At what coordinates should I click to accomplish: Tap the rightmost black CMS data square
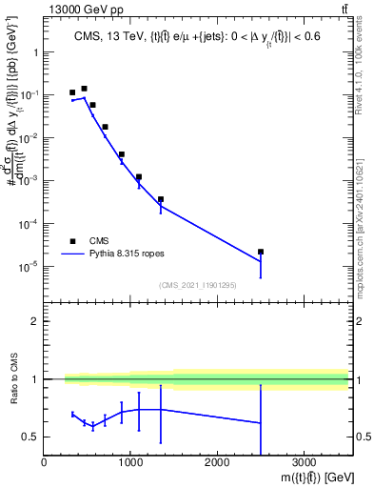261,252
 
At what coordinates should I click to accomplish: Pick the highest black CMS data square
84,89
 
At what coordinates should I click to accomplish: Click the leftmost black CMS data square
72,92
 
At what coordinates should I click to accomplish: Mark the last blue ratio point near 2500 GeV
261,422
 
